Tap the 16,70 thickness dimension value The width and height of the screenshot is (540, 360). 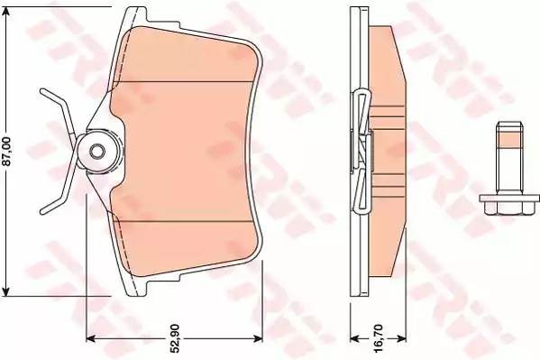tap(364, 341)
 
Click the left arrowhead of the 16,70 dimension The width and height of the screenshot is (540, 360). tap(352, 339)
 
